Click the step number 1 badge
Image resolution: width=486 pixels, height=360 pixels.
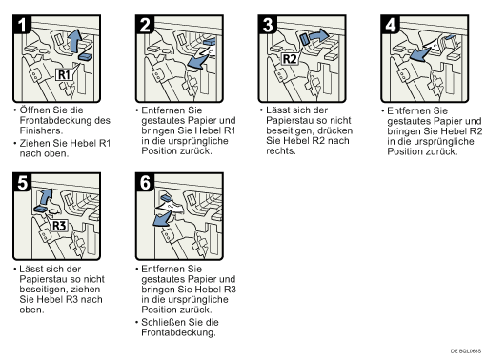[x=22, y=25]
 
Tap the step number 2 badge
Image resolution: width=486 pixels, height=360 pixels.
[x=145, y=25]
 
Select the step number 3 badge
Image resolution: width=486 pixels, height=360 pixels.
[x=268, y=25]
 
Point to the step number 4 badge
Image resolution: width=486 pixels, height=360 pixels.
[x=390, y=25]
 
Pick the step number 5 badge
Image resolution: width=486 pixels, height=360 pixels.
[x=22, y=183]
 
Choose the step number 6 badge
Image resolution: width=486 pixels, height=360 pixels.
[x=145, y=183]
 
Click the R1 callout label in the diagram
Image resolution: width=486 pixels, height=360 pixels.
[x=65, y=75]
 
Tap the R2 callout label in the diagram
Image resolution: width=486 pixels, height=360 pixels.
[x=290, y=59]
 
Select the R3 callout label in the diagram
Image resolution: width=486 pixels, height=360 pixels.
[x=59, y=226]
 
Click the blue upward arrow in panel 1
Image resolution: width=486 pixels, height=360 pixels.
[x=75, y=41]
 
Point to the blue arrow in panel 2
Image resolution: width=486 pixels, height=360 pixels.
[x=197, y=62]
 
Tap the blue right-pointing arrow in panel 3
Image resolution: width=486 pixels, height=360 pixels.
[x=319, y=35]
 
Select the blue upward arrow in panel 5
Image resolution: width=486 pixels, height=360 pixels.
[x=46, y=197]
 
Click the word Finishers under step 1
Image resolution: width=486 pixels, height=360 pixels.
[x=41, y=130]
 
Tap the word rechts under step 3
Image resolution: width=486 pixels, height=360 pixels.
[x=281, y=150]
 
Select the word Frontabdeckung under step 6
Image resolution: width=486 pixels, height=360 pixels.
[x=178, y=332]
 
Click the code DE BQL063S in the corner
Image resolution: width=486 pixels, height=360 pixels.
[x=466, y=350]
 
